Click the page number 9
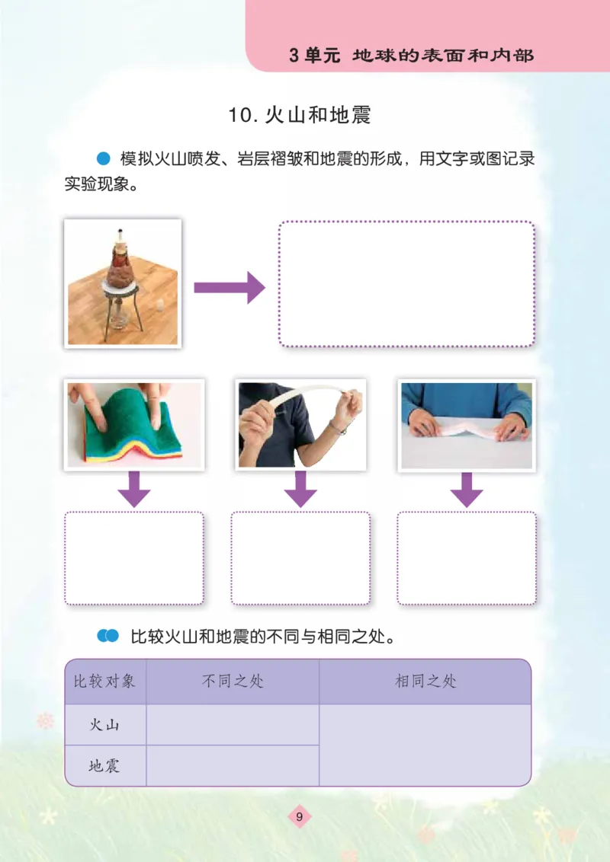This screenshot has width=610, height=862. [x=300, y=817]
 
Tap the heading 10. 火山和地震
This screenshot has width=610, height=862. [x=299, y=116]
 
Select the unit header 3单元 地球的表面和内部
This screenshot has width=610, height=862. [x=412, y=56]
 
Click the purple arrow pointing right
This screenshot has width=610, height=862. [x=229, y=288]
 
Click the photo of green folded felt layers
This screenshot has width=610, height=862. [x=134, y=424]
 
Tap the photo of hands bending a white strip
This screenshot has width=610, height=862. [x=300, y=424]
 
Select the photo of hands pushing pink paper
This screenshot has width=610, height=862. [x=466, y=424]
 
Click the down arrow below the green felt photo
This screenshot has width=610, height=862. [x=134, y=489]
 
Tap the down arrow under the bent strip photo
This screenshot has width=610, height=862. [x=300, y=489]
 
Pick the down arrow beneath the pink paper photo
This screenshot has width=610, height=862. [x=467, y=489]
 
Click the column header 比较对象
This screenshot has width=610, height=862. [x=104, y=681]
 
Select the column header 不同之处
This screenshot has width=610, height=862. [x=233, y=681]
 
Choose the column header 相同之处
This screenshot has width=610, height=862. [x=425, y=681]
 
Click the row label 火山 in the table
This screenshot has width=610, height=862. [x=104, y=725]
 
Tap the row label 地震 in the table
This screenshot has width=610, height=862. [x=104, y=766]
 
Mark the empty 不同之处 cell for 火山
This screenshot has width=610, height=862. [x=233, y=725]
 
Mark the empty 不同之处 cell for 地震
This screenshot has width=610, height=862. [x=233, y=766]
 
